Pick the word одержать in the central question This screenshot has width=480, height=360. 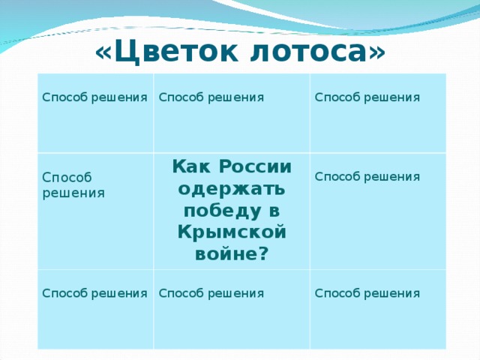[x=232, y=187]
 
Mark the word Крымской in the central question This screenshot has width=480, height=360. [x=232, y=231]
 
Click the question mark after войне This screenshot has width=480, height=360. [x=262, y=253]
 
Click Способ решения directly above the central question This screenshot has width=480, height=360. [x=211, y=97]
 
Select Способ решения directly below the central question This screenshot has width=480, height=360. [x=211, y=292]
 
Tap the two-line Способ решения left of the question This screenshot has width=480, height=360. [x=73, y=185]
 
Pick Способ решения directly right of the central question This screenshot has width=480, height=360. [x=367, y=176]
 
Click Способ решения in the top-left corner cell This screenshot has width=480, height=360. [x=94, y=97]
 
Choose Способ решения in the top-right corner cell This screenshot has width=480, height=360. [x=367, y=97]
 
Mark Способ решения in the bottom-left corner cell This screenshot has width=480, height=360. [x=94, y=292]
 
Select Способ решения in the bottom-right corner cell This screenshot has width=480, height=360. [x=367, y=292]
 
